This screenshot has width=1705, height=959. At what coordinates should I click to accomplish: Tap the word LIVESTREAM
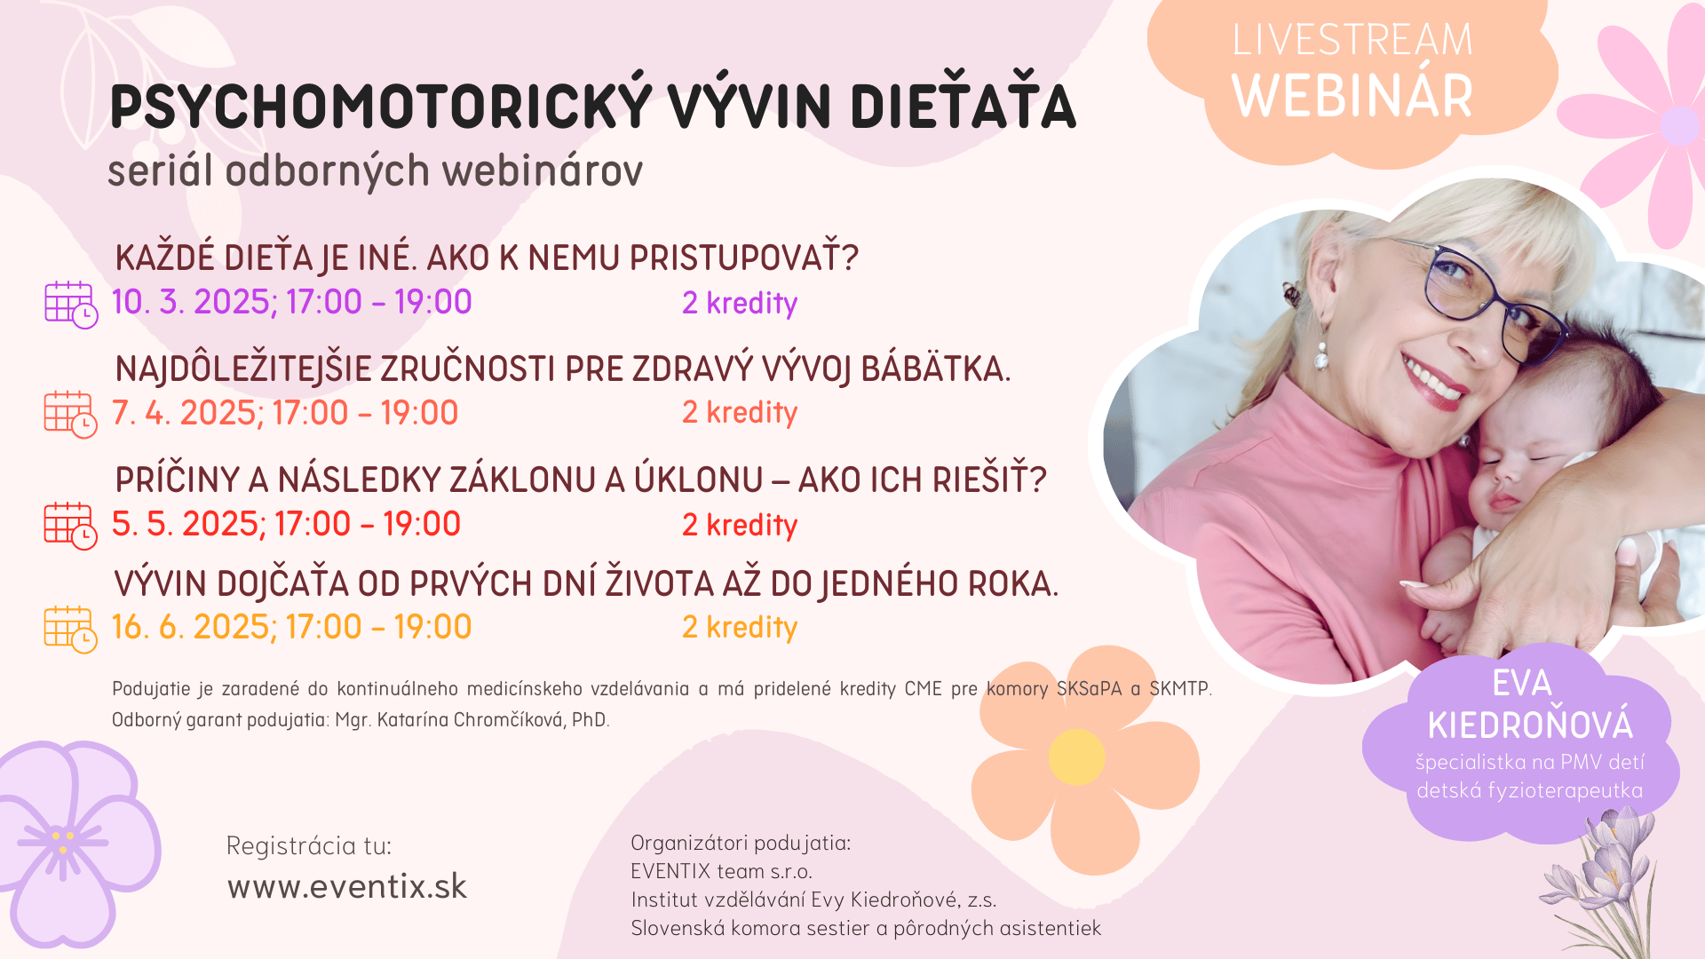coord(1352,40)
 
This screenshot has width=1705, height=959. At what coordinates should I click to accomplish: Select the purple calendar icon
coord(71,305)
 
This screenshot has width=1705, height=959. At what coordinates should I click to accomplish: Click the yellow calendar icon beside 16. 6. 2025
coord(71,630)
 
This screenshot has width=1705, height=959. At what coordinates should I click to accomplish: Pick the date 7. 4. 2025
coord(186,413)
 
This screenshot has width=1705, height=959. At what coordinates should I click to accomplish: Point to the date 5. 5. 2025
coord(186,524)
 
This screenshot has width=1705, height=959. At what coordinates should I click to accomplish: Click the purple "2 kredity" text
coord(740,304)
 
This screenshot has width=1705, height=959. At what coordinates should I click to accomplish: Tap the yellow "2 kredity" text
coord(740,628)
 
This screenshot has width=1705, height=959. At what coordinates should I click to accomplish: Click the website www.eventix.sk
coord(347,886)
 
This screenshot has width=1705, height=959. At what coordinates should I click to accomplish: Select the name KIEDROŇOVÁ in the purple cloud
coord(1530,725)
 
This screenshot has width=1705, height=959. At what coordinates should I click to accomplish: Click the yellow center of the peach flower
coord(1076,757)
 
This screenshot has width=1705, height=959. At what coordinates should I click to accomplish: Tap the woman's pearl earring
coord(1320,355)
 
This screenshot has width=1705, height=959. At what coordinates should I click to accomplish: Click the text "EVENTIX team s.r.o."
coord(721,871)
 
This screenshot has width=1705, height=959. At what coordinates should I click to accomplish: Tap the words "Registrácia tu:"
coord(309,845)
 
